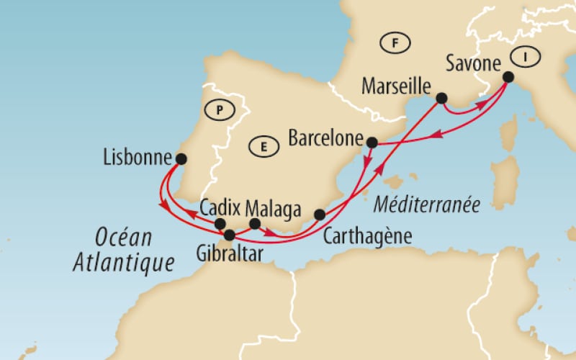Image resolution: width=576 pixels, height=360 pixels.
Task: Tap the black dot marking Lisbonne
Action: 181,158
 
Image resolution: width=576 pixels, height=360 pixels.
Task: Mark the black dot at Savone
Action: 508,77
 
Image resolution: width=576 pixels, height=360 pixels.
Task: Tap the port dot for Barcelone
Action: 372,142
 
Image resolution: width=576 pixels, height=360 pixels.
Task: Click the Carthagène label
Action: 367,235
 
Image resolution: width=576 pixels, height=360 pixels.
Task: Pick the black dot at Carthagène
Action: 320,215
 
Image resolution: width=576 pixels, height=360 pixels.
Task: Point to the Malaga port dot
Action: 254,224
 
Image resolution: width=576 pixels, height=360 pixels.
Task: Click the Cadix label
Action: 220,207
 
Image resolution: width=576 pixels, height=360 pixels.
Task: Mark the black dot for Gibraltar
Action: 230,235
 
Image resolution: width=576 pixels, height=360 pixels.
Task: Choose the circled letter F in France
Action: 395,43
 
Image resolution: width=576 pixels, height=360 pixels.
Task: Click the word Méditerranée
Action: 427,204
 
